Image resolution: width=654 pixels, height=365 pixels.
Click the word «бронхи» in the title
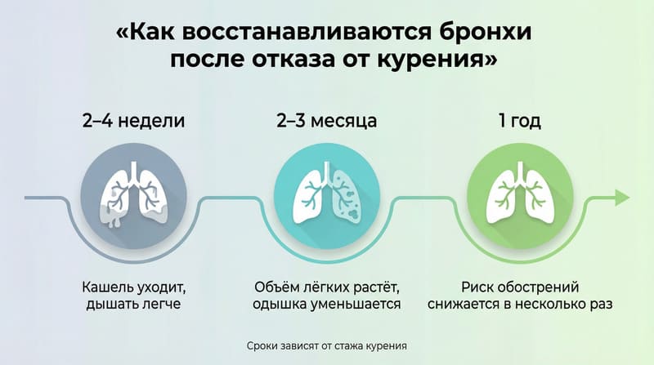[476, 34]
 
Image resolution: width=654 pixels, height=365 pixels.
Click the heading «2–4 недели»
[133, 122]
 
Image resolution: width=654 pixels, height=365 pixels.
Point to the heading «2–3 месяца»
[326, 122]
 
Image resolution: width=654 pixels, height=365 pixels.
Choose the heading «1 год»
[521, 122]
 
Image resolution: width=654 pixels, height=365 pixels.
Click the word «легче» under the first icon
[159, 305]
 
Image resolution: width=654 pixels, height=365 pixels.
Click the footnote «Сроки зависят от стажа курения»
[326, 345]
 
